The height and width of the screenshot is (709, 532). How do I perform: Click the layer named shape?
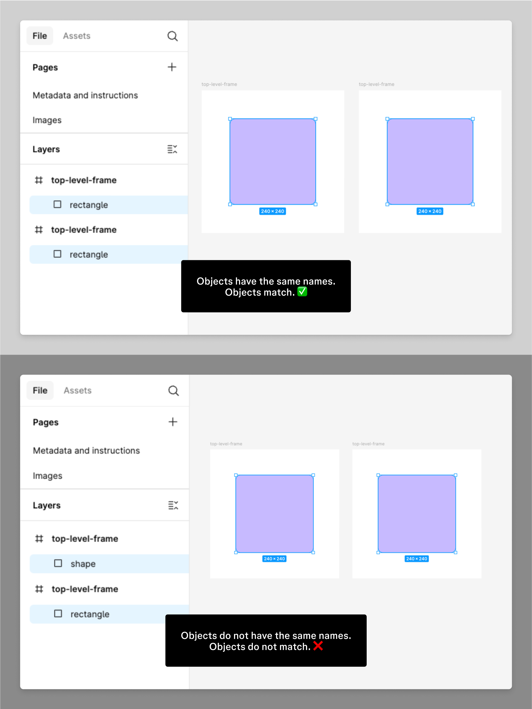click(x=83, y=564)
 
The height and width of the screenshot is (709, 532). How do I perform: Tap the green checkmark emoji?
click(x=302, y=292)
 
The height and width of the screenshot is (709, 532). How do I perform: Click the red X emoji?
click(x=318, y=646)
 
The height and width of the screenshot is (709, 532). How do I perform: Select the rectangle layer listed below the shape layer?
click(x=90, y=614)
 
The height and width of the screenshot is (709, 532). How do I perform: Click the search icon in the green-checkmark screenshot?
click(x=173, y=36)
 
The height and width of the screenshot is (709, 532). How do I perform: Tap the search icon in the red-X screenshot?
click(x=173, y=391)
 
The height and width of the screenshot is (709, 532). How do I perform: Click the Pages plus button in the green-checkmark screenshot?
click(x=172, y=67)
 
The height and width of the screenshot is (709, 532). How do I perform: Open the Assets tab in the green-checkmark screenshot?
click(x=77, y=36)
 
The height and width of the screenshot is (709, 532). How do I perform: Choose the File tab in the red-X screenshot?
click(x=40, y=390)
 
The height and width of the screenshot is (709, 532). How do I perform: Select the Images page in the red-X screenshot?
click(x=47, y=476)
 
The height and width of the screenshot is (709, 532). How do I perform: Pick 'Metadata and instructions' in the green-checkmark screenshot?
click(x=85, y=95)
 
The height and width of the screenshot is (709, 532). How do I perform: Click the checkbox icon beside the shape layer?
click(x=58, y=563)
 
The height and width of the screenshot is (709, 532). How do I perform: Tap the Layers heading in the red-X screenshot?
click(x=47, y=506)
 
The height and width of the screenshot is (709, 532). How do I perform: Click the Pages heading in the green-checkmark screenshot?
click(x=45, y=67)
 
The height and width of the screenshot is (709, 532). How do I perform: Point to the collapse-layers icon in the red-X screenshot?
click(x=173, y=506)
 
